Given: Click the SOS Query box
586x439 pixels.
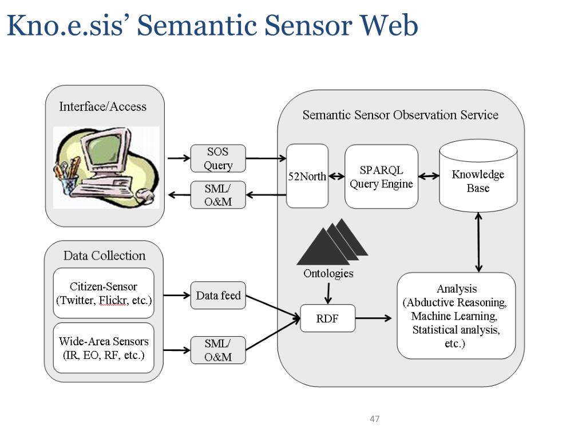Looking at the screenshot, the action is tap(218, 158).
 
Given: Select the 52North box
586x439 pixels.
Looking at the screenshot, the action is tap(307, 176).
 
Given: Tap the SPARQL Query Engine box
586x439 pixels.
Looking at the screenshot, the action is tap(381, 177).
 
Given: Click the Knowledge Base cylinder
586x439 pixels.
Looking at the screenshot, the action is tap(478, 176).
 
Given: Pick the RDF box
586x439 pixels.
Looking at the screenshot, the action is tap(327, 318).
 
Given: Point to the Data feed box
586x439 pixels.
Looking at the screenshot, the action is tap(218, 296).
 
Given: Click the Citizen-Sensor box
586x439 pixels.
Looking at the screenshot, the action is tap(104, 293).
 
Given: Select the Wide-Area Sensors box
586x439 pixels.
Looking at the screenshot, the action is tap(104, 348).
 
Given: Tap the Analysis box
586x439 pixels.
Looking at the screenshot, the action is tap(456, 316).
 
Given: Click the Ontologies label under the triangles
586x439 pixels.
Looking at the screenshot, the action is tap(328, 273).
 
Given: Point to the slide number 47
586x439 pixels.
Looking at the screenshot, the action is tap(374, 419).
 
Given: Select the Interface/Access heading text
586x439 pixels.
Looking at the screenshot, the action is tap(103, 107).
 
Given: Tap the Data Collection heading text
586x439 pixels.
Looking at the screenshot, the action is tap(104, 256).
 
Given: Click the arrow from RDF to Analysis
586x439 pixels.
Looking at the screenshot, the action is tap(373, 318).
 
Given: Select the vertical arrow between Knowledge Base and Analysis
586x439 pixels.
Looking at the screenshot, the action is tap(478, 242).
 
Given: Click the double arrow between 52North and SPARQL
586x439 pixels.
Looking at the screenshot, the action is tap(336, 176).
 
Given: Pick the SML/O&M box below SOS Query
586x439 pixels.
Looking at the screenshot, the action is tap(218, 195).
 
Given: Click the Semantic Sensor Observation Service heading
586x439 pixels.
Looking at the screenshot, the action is tap(400, 115).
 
